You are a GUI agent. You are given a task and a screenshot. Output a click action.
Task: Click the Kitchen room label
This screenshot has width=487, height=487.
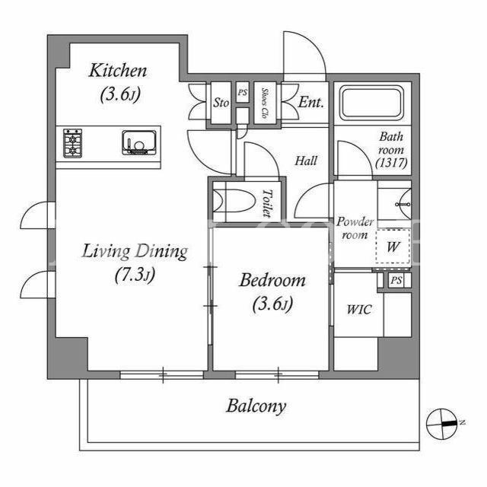pos(118,71)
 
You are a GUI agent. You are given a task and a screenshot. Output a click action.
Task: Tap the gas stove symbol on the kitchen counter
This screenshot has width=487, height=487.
pos(73,144)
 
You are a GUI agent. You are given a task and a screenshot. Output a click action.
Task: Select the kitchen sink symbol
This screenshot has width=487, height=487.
pos(138,142)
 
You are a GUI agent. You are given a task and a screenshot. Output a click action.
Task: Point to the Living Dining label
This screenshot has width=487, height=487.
pos(135,252)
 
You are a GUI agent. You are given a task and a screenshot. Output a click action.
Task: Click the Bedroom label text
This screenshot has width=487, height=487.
pos(272,281)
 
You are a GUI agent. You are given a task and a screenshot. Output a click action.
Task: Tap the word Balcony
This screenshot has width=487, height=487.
pos(256,406)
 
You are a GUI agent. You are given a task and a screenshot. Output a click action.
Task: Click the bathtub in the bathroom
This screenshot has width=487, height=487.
pos(371,103)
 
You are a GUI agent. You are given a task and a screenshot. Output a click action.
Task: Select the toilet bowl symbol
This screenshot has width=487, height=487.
pos(235,201)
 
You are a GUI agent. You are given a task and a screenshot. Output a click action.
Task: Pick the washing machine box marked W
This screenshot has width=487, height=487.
pos(393,247)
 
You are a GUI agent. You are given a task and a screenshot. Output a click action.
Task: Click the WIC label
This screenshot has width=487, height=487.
pos(358,310)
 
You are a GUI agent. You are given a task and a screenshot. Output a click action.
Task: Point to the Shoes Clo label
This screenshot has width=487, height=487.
pos(264,103)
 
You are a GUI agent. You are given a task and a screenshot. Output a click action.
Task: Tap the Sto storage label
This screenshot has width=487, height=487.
pos(221,103)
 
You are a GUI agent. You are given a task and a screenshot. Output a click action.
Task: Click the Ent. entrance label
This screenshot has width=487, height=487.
pos(310,102)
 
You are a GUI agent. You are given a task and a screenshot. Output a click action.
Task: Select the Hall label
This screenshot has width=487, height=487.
pos(306,161)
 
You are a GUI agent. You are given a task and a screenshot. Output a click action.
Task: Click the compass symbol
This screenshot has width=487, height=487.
pos(442,424)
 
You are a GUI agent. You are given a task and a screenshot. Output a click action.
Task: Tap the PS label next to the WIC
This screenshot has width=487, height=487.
pos(396,281)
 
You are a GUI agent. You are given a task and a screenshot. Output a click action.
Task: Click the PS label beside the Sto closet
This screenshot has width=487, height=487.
pos(243,93)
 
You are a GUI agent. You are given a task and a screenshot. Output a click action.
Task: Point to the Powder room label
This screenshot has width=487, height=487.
pos(355,228)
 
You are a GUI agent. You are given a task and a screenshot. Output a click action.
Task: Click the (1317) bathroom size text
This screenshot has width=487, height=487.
pos(391,163)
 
